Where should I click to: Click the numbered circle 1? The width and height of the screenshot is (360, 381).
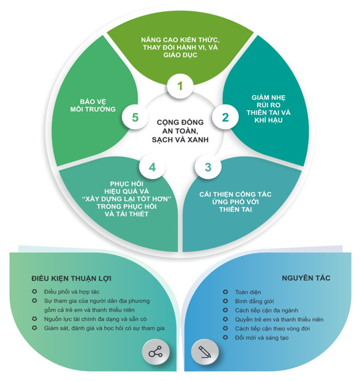pyautogui.click(x=180, y=86)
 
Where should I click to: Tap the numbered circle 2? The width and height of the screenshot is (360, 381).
pyautogui.click(x=225, y=117)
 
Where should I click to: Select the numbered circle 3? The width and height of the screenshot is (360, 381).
pyautogui.click(x=208, y=167)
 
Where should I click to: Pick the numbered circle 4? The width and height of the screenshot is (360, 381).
pyautogui.click(x=153, y=167)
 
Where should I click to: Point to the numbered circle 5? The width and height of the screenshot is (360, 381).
pyautogui.click(x=135, y=117)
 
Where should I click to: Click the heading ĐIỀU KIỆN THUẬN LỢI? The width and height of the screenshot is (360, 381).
pyautogui.click(x=71, y=278)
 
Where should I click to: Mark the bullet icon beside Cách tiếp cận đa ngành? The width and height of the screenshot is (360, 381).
pyautogui.click(x=226, y=311)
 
